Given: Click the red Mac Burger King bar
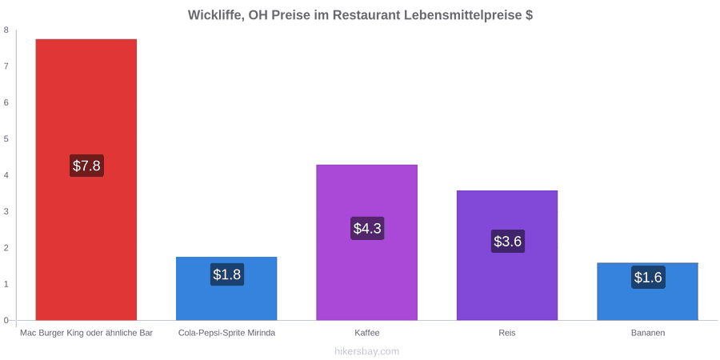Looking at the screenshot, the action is [x=86, y=179].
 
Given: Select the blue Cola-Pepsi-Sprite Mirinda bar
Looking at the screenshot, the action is [x=226, y=288].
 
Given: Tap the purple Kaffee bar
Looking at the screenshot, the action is [x=367, y=242].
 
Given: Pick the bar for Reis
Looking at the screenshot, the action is [x=507, y=255].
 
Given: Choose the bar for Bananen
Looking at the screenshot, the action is [x=647, y=291].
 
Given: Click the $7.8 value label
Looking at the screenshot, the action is [x=86, y=166].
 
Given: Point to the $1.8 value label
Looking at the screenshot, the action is [x=227, y=274].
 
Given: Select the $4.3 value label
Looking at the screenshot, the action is [x=367, y=228].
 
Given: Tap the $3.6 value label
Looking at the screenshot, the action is [x=508, y=241].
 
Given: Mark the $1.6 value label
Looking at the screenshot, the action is [x=648, y=278].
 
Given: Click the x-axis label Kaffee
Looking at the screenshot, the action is [x=367, y=333].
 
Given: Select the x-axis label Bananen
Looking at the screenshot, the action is [x=648, y=333].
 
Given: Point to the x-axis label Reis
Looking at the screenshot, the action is [x=507, y=333].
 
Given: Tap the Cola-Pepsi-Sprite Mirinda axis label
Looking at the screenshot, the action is [x=227, y=333].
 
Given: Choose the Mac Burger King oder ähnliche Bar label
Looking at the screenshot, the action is [x=86, y=333].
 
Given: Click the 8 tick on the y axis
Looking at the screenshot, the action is [x=6, y=30].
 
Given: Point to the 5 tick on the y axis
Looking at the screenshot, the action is [x=6, y=139].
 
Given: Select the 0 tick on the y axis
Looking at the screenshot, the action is [x=6, y=321].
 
